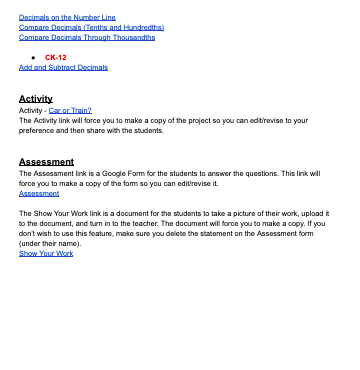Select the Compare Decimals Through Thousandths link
pyautogui.click(x=87, y=37)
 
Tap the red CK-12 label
pyautogui.click(x=55, y=58)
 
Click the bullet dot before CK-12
pyautogui.click(x=35, y=58)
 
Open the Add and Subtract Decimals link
pyautogui.click(x=63, y=67)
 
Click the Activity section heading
pyautogui.click(x=36, y=99)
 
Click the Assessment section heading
pyautogui.click(x=46, y=161)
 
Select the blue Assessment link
pyautogui.click(x=39, y=193)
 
